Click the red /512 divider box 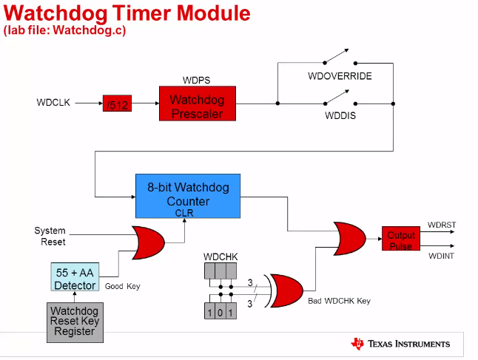[x=116, y=105]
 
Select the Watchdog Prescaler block [x=196, y=104]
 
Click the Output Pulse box [x=400, y=240]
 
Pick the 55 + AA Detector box [x=75, y=279]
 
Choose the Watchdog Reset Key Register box [x=75, y=322]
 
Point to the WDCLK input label [x=53, y=103]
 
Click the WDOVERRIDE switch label [x=340, y=76]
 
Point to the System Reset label [x=50, y=237]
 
